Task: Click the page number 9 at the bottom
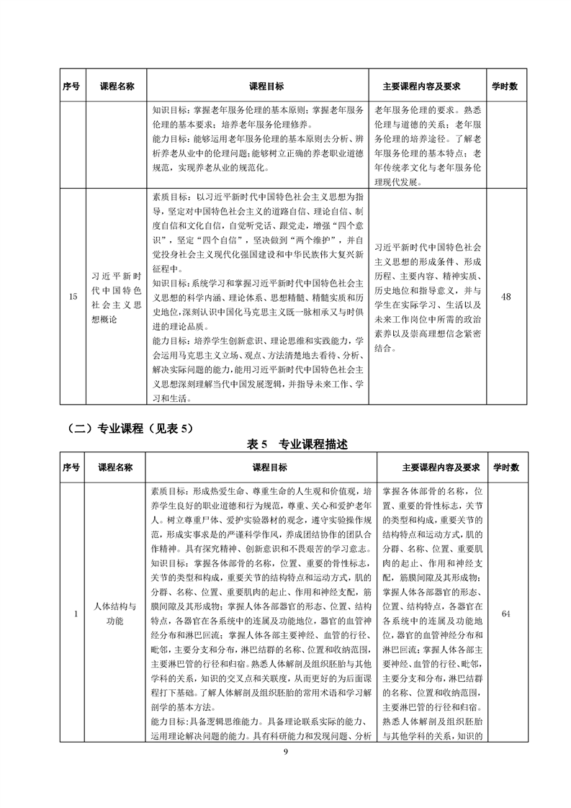[x=285, y=753]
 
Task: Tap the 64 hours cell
[x=505, y=613]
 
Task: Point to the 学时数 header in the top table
[x=505, y=86]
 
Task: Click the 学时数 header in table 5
[x=506, y=467]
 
